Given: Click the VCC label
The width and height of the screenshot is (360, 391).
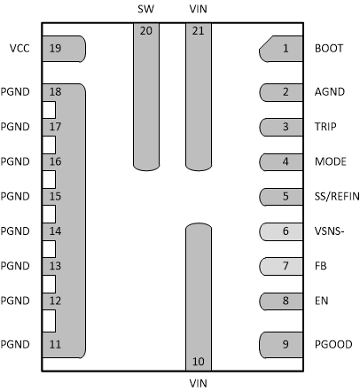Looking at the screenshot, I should tap(19, 49).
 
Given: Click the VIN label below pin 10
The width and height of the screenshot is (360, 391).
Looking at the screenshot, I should tap(198, 382).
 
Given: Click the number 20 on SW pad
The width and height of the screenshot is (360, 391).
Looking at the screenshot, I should tap(145, 30).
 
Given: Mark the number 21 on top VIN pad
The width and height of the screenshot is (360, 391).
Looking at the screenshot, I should tap(198, 30).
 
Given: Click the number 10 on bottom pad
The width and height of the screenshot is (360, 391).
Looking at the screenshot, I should tap(198, 361).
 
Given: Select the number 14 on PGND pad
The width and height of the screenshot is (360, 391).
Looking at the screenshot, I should tap(56, 231).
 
